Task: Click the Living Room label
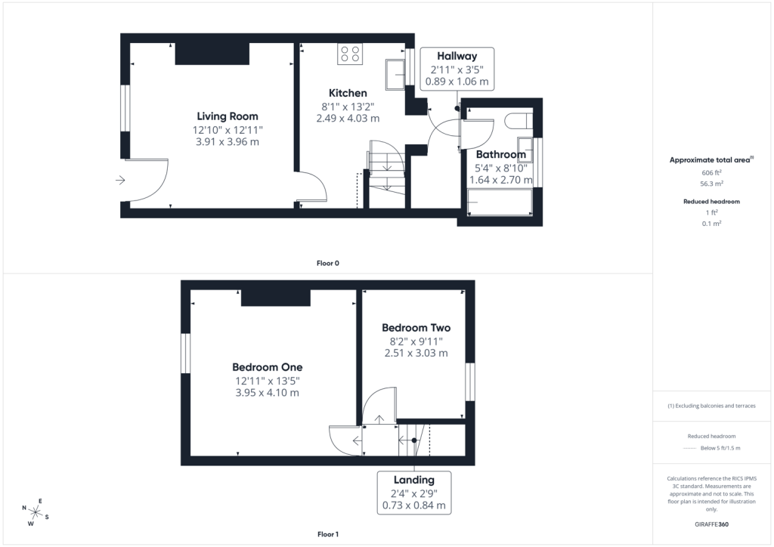point(227,116)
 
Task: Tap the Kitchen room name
point(348,93)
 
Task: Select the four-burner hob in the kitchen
point(350,54)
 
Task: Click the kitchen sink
point(395,75)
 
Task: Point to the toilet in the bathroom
point(519,121)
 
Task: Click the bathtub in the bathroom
point(500,202)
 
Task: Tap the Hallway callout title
point(457,56)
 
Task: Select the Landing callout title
point(414,480)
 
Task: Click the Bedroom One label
point(267,367)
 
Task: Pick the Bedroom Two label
point(416,328)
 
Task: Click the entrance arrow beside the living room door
point(120,181)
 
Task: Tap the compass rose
point(35,512)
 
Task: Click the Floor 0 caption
point(328,264)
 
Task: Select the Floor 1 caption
point(328,534)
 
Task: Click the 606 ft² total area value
point(711,172)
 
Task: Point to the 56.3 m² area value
point(711,184)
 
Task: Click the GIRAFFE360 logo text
point(711,524)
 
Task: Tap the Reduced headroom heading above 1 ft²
point(711,201)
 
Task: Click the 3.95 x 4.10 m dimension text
point(267,393)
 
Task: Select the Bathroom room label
point(500,155)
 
